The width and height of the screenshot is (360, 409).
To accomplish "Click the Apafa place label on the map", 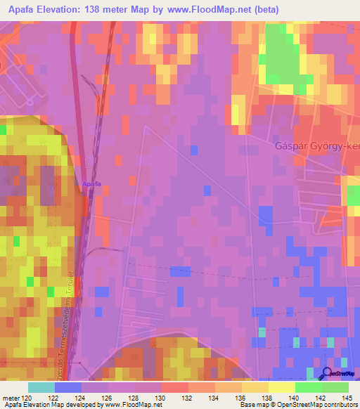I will [x=91, y=184].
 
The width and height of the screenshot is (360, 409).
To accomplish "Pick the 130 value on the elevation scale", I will [x=162, y=398].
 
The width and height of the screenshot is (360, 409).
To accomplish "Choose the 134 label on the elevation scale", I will [x=215, y=398].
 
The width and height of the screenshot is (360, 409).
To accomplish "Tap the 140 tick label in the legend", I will [x=295, y=398].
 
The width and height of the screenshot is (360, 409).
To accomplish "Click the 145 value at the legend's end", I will [x=349, y=398].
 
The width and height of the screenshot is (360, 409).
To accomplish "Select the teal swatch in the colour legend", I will [x=41, y=387].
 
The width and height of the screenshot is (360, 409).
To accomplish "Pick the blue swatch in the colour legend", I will [x=68, y=387].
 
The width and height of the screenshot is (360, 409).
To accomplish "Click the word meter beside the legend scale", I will [x=11, y=398].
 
